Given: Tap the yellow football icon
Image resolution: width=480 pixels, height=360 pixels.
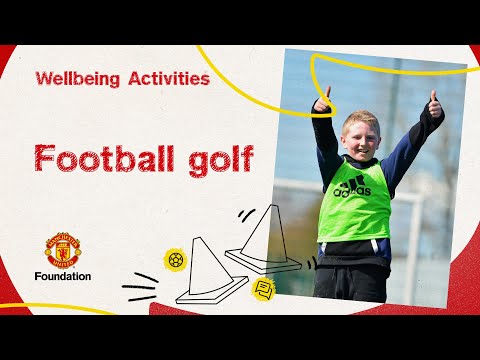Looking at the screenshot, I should pyautogui.click(x=176, y=260).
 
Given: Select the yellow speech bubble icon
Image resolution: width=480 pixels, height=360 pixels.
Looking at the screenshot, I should pyautogui.click(x=264, y=289).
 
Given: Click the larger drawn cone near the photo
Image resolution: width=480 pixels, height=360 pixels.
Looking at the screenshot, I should pyautogui.click(x=262, y=242).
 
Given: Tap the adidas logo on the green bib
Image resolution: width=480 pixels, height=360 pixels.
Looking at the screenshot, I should pyautogui.click(x=352, y=186).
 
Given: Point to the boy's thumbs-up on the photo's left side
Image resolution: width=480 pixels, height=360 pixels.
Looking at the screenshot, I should pyautogui.click(x=322, y=99).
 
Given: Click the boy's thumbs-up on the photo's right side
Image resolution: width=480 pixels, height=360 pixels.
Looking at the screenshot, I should pyautogui.click(x=434, y=103).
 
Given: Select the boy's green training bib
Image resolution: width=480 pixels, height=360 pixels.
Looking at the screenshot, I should pyautogui.click(x=354, y=200).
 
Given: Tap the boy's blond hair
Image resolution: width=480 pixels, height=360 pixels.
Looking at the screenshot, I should pyautogui.click(x=360, y=118).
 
